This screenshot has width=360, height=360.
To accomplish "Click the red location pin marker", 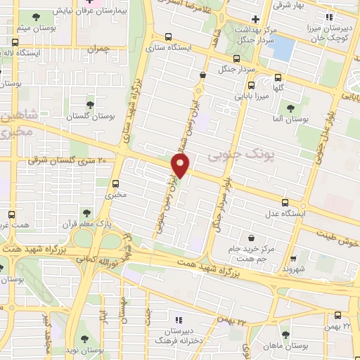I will (181, 165).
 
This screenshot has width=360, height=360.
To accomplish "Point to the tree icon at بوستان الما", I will (290, 108).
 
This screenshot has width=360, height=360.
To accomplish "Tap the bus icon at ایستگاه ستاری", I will (167, 37).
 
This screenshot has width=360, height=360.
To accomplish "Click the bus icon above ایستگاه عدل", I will (284, 202).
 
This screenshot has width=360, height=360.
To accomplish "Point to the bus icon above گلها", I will (278, 79).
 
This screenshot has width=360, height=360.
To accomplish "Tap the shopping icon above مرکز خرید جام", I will (250, 238).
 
